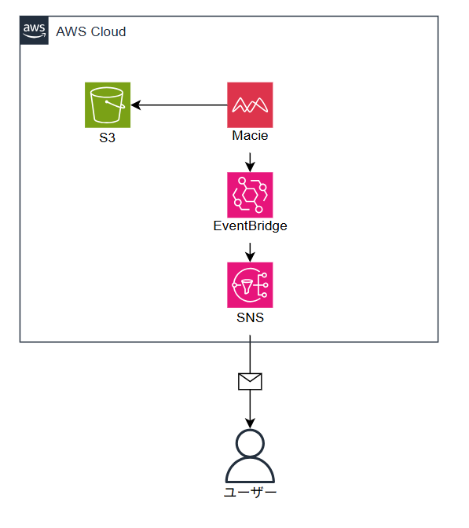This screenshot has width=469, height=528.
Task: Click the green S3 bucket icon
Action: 108,105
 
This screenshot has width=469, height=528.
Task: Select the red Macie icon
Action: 250,105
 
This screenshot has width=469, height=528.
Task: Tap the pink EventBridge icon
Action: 250,195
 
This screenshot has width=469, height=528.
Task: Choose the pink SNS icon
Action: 250,285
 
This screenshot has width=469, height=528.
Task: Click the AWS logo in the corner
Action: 34,31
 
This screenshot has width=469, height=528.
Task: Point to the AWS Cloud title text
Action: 91,31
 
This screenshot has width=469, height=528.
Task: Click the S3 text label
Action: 108,137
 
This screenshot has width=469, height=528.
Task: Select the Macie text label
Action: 250,135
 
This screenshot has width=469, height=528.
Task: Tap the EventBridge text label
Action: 250,226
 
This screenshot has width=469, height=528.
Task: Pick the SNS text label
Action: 250,317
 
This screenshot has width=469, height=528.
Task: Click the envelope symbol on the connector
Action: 250,382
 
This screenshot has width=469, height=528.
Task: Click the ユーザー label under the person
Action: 250,493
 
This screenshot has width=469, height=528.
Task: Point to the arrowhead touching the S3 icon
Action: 136,105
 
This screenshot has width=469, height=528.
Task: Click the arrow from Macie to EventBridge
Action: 250,163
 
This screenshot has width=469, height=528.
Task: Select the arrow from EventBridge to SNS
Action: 250,252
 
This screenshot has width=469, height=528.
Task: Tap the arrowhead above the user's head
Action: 250,423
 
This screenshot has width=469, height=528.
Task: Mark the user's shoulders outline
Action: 250,458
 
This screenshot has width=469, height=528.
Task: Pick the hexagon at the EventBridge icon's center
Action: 250,195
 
